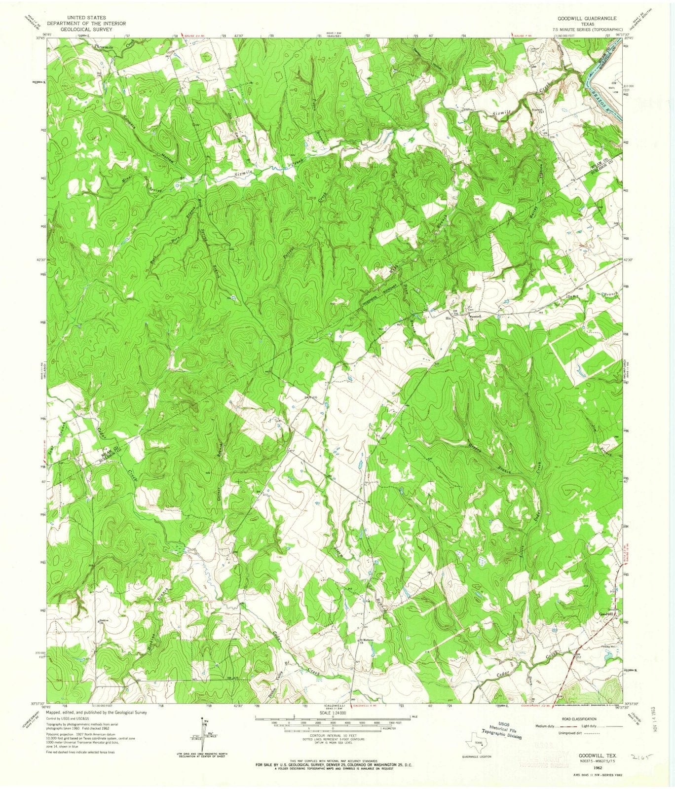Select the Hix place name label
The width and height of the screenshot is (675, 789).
tap(448, 319)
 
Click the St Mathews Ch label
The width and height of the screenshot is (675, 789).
tap(365, 641)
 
